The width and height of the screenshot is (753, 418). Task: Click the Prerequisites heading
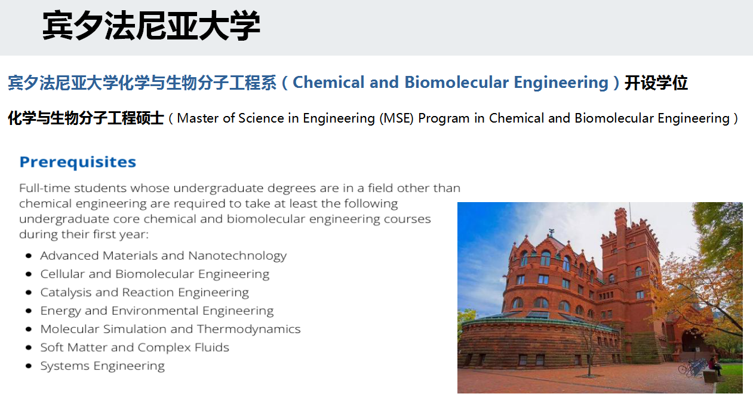click(x=78, y=163)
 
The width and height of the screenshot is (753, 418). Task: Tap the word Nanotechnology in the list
click(x=237, y=256)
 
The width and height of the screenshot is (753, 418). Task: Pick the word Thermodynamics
click(x=249, y=329)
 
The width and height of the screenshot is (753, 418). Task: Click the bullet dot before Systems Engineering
click(x=29, y=366)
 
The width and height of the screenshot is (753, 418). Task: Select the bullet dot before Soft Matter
click(x=29, y=347)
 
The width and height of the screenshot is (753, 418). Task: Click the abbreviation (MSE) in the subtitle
click(x=397, y=118)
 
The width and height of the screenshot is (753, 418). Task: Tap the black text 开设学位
click(x=656, y=83)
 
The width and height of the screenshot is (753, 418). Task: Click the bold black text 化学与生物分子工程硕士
click(x=86, y=118)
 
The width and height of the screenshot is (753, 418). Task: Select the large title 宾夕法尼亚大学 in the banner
click(x=151, y=26)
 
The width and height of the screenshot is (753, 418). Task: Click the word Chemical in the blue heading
click(x=328, y=83)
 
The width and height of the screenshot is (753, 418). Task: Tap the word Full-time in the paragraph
click(x=45, y=188)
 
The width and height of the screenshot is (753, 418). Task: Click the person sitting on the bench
click(x=715, y=366)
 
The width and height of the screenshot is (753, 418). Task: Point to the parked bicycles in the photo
click(x=692, y=367)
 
